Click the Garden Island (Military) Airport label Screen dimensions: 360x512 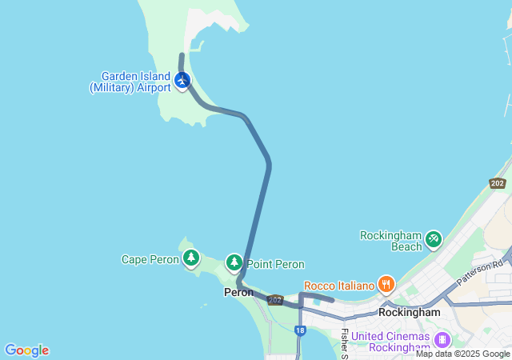pos(130,82)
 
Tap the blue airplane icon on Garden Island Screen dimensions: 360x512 pos(182,81)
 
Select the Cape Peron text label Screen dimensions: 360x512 pos(150,259)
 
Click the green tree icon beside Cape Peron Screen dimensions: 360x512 pos(191,258)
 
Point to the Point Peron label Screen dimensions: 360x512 pos(275,264)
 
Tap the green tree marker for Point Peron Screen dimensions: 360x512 pos(234,262)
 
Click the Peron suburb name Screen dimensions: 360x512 pos(238,293)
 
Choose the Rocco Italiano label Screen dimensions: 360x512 pos(339,286)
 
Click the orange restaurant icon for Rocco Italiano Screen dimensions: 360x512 pos(386,283)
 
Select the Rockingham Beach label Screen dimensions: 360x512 pos(390,241)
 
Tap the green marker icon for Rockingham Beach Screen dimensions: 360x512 pos(433,238)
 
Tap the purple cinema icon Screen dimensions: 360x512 pos(442,339)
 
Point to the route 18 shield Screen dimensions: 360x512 pos(299,330)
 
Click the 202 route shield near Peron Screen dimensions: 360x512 pos(275,300)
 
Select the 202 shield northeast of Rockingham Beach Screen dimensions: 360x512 pos(498,183)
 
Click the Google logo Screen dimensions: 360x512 pos(26,350)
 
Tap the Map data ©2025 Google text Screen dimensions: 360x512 pos(462,354)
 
